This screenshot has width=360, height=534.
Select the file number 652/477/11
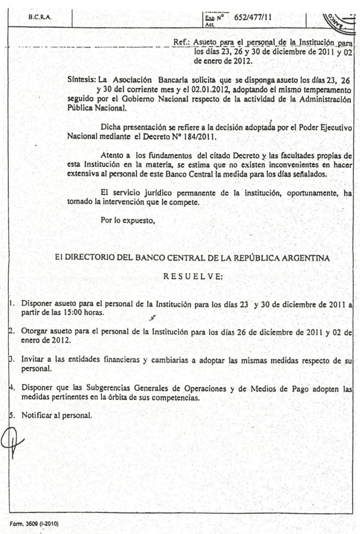[x=253, y=18]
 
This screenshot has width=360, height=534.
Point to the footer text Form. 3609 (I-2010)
[x=32, y=524]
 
